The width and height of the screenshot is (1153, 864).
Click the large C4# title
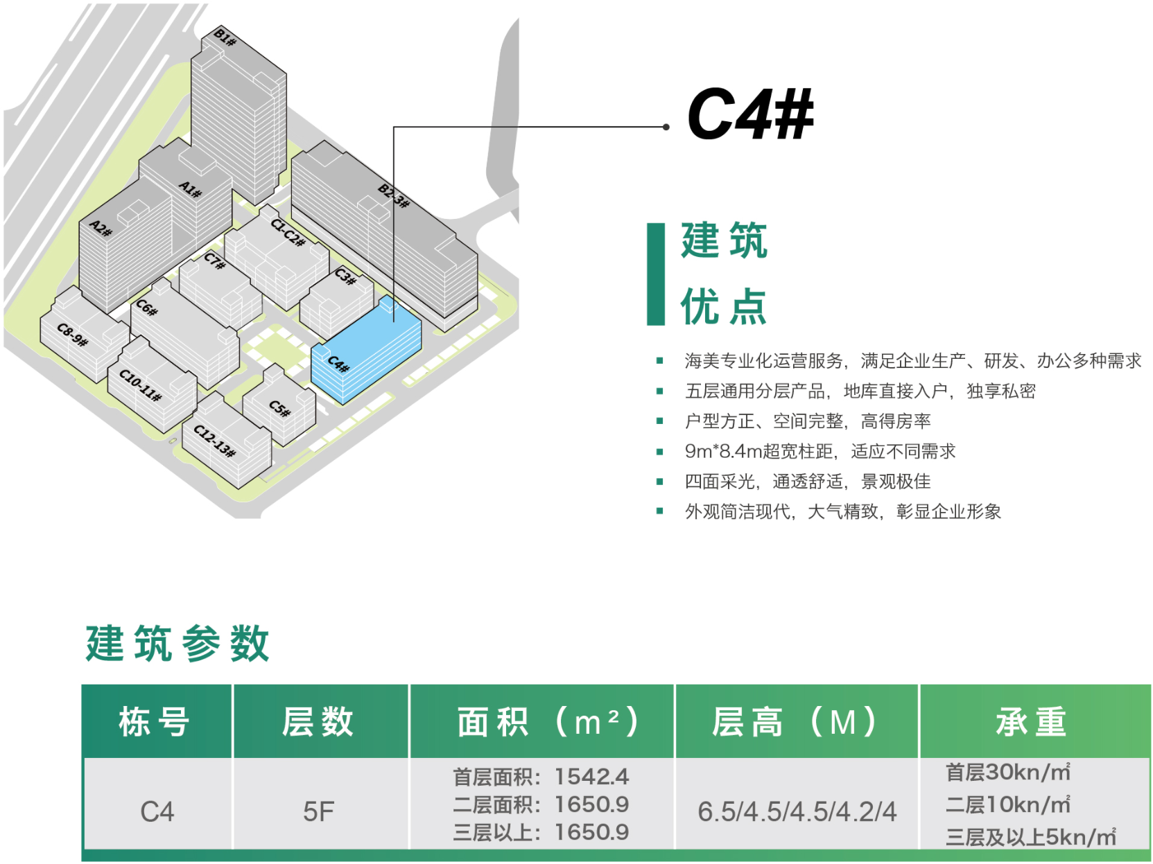coord(749,115)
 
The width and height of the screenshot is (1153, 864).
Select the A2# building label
coord(101,228)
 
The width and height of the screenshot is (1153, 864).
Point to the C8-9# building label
coord(72,335)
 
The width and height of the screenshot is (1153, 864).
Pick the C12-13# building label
coord(214,441)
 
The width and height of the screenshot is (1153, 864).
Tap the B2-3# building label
coord(394,195)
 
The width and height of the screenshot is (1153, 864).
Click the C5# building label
coord(280,408)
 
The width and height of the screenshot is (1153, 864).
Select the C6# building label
coord(146,307)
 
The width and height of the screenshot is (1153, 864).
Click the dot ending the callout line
coord(666,127)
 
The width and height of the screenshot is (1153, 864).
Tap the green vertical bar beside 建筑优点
coord(655,274)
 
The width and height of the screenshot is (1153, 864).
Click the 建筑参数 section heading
coord(177,644)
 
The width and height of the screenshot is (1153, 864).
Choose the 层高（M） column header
coord(796,722)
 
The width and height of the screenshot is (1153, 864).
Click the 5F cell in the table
coord(319,811)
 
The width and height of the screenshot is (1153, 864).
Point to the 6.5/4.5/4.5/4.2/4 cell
coord(797,811)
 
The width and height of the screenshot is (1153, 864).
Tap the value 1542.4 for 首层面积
coord(591,777)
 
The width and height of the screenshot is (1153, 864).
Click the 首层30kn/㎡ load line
coord(1007,772)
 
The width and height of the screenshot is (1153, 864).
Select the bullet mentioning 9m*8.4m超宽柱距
coord(820,451)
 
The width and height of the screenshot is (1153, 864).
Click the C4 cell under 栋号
coord(157,811)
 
